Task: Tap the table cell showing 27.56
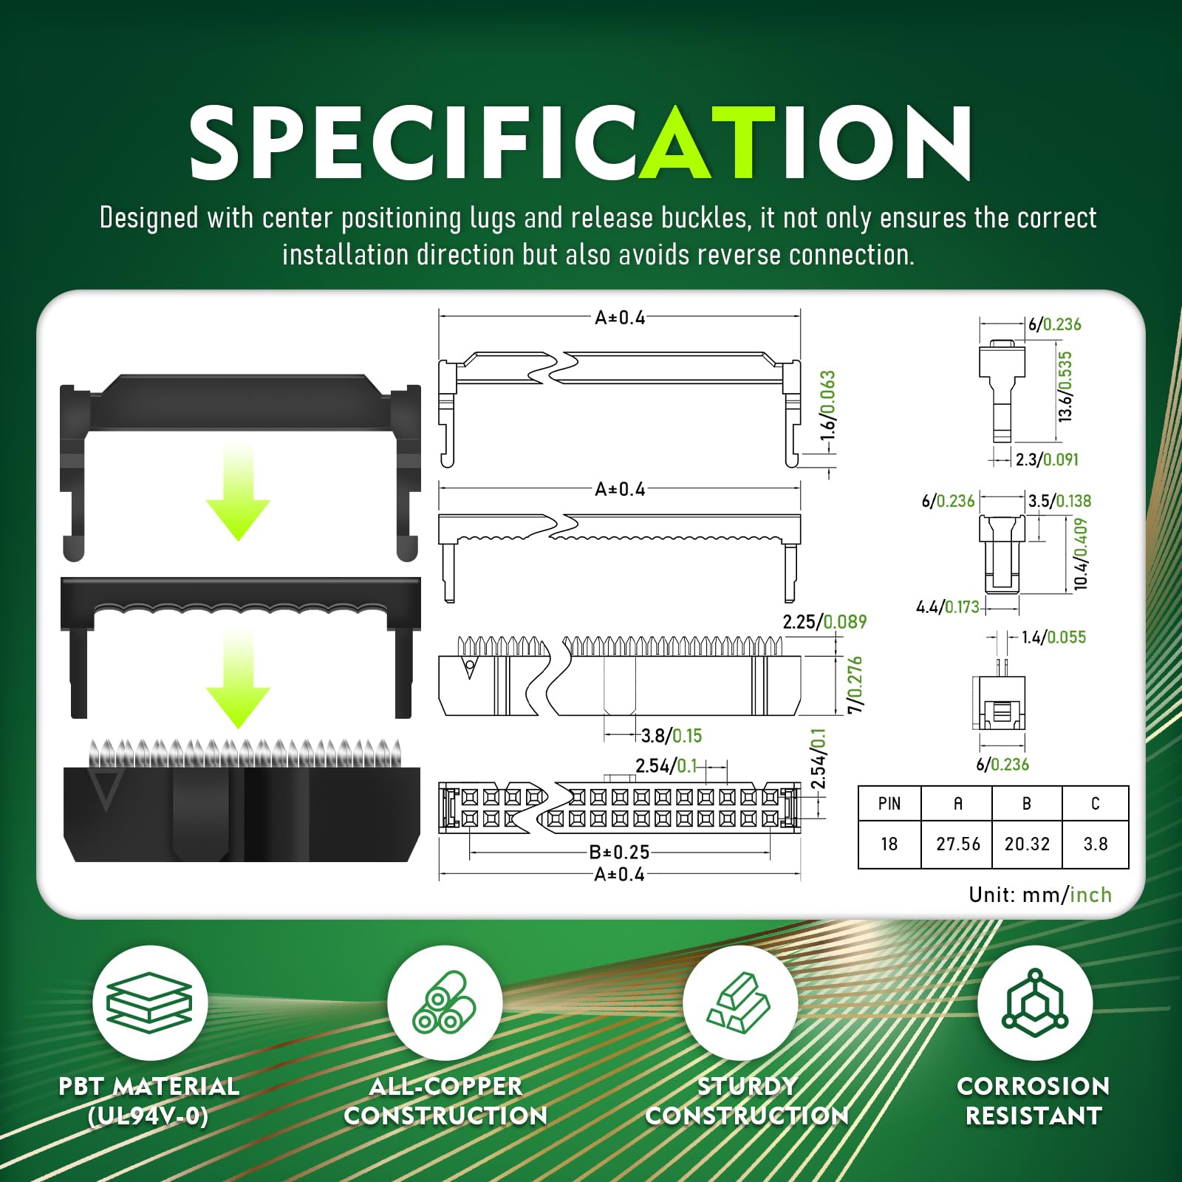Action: tap(957, 844)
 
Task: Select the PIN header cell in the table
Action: tap(889, 804)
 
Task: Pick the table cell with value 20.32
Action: tap(1027, 844)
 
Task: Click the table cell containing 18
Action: tap(889, 844)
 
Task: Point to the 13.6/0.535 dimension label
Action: tap(1065, 386)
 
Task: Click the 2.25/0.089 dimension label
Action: tap(824, 622)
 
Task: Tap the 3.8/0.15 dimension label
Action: tap(672, 736)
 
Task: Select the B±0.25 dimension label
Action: tap(619, 852)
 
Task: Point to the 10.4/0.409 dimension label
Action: tap(1081, 553)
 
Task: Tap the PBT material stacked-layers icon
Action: tap(149, 1002)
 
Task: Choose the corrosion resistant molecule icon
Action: tap(1035, 1002)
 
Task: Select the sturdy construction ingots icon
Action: tap(739, 1002)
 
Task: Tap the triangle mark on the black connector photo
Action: tap(105, 791)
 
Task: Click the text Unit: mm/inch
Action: tap(1040, 895)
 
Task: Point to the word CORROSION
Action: tap(1034, 1086)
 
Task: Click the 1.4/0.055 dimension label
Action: tap(1053, 637)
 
